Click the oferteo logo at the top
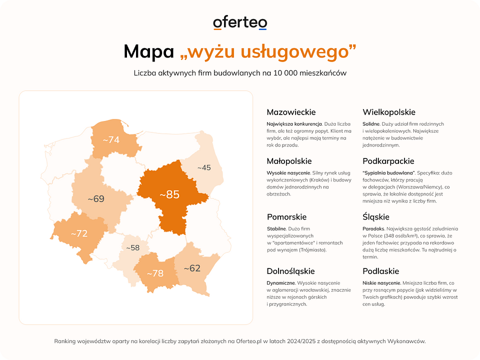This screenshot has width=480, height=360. tap(240, 23)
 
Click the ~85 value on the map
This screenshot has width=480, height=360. tap(169, 194)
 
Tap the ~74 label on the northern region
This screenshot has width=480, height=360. tap(111, 140)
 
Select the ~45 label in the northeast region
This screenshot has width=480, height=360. tap(203, 168)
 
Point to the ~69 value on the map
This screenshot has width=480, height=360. tap(96, 199)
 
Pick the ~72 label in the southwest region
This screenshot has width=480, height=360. tap(79, 233)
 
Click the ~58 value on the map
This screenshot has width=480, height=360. tap(132, 247)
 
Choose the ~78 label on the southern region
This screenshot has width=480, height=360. tap(155, 273)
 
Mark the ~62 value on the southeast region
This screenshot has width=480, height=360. tap(192, 268)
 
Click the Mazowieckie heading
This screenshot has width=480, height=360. tap(291, 112)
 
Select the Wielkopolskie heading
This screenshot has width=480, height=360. tap(389, 112)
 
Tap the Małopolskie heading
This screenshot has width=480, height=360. tap(289, 161)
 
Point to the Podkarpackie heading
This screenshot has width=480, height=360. tap(388, 161)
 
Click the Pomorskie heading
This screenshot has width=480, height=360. tap(286, 217)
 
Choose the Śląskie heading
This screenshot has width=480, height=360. tap(376, 217)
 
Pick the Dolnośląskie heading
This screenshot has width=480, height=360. tap(290, 271)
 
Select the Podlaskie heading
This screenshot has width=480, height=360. tap(381, 271)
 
